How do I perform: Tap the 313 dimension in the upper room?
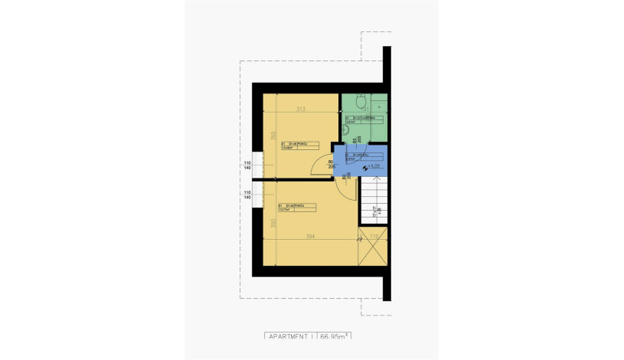[x=300, y=110]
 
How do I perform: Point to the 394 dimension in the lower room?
[x=310, y=237]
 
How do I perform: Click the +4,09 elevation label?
[x=374, y=165]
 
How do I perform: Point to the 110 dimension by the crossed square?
[x=374, y=237]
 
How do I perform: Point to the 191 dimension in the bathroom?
[x=365, y=110]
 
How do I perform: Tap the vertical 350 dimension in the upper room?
[x=272, y=136]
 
